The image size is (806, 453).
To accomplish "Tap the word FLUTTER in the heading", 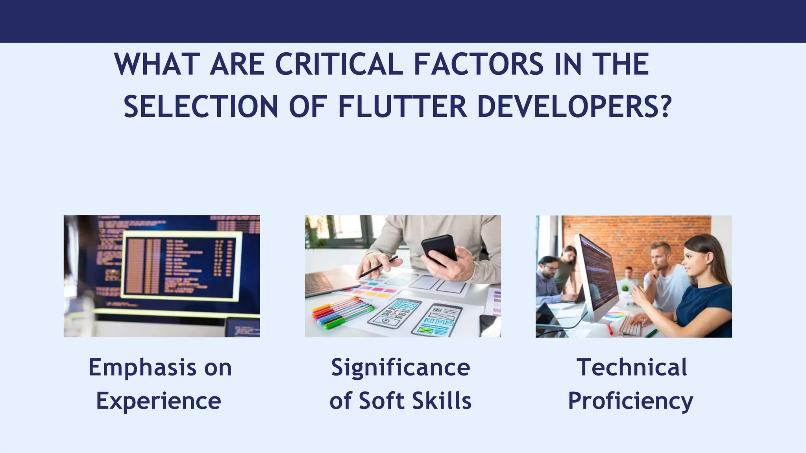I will coord(402,107).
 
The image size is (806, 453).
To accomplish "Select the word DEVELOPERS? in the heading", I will coord(574,107).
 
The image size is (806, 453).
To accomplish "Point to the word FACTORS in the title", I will coord(478,64).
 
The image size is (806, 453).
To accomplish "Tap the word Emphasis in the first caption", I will coord(142,367).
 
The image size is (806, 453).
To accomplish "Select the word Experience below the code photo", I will coord(159,401).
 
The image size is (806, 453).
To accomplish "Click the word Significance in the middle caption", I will coord(401,367).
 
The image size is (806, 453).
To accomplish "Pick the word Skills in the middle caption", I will coord(442,401).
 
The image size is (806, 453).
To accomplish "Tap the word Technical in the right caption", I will coord(632,367).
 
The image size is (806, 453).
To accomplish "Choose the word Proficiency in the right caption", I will coord(630,401).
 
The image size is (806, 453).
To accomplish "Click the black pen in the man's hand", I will coord(378,267).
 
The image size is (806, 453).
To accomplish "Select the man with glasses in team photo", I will coord(548,271).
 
